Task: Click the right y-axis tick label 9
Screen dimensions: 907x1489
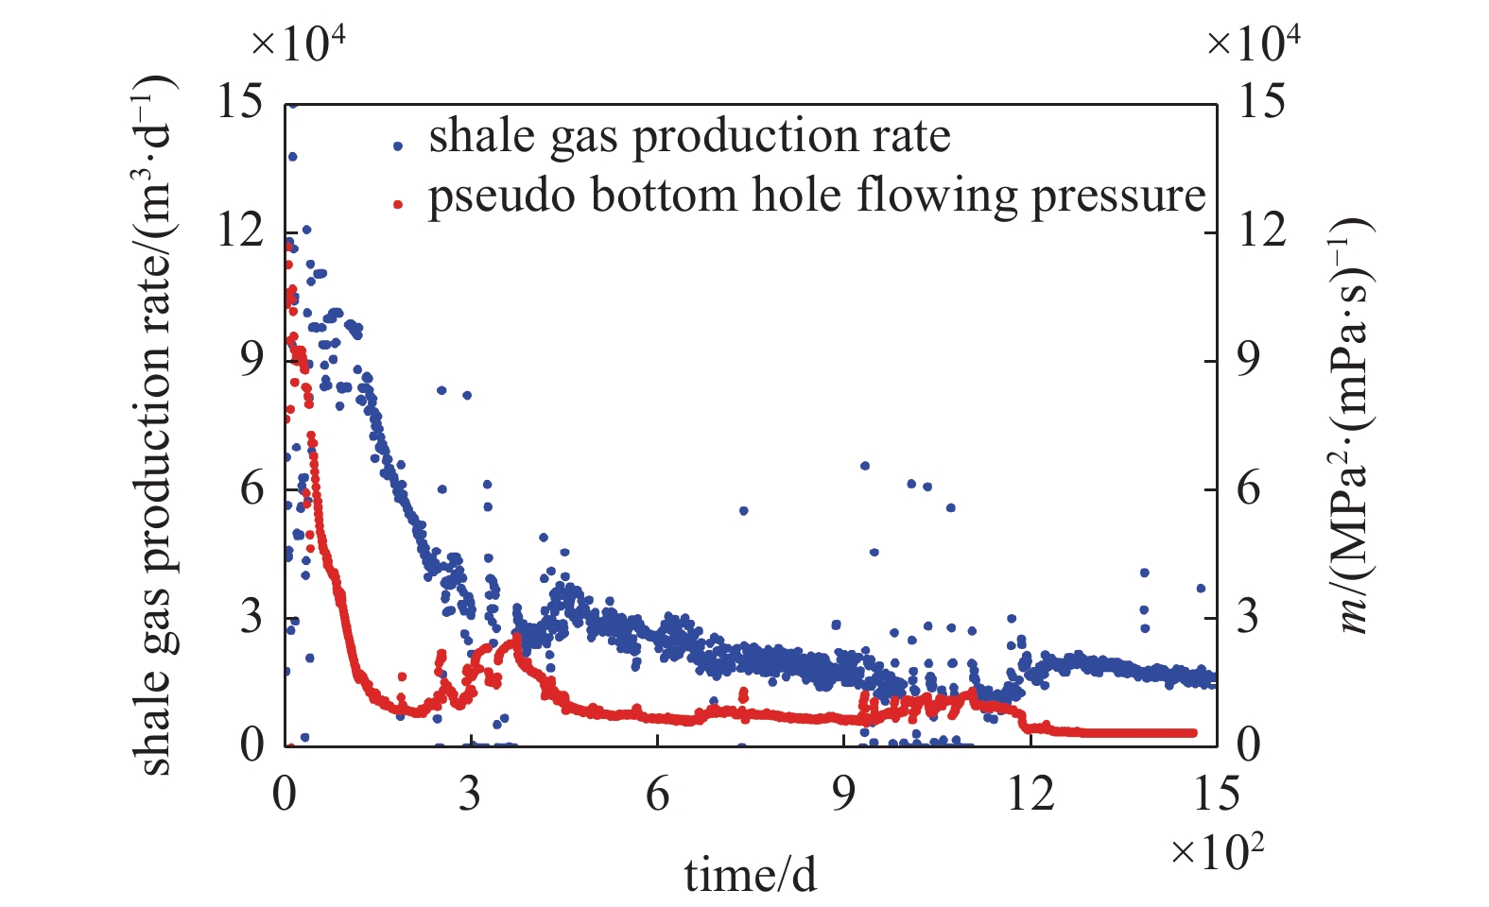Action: pos(1249,359)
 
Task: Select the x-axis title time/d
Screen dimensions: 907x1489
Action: pos(750,875)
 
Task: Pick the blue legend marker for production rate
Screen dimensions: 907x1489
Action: pos(399,145)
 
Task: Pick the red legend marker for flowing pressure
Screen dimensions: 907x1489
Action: pos(399,202)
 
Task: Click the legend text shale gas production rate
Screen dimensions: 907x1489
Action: pos(689,137)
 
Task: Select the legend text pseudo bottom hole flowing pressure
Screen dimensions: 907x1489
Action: pos(817,196)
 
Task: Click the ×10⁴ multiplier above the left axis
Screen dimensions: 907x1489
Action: pos(299,43)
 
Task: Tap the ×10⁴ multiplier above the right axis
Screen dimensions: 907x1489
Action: pos(1254,43)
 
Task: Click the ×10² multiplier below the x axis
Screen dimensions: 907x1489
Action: pos(1217,852)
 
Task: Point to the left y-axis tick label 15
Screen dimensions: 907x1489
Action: pos(240,101)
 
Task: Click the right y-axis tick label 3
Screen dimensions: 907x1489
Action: pos(1249,617)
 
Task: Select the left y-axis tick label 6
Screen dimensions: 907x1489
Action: pos(251,488)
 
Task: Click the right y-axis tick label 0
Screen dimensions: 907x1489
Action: pos(1249,745)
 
